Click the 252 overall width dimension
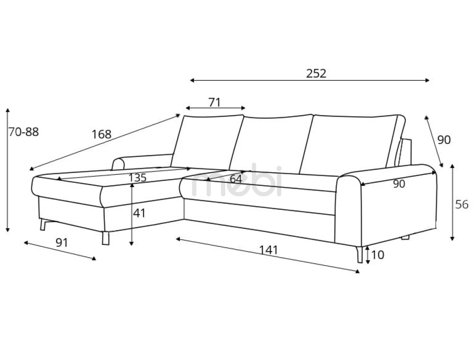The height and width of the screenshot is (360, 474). (316, 73)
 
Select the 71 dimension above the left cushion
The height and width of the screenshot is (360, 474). (215, 102)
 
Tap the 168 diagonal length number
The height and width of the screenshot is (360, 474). (101, 135)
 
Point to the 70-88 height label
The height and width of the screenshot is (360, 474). (23, 132)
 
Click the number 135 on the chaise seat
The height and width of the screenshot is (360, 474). (137, 178)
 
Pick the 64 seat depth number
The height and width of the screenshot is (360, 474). (236, 180)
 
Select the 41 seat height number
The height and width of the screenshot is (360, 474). (139, 213)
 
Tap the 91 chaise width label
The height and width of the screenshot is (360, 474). (62, 243)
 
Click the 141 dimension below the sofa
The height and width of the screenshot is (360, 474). (268, 249)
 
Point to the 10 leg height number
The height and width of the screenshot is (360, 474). (378, 255)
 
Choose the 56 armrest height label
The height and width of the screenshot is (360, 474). (462, 205)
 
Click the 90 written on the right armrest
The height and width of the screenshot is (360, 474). (399, 184)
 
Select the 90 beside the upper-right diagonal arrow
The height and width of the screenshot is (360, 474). (444, 140)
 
